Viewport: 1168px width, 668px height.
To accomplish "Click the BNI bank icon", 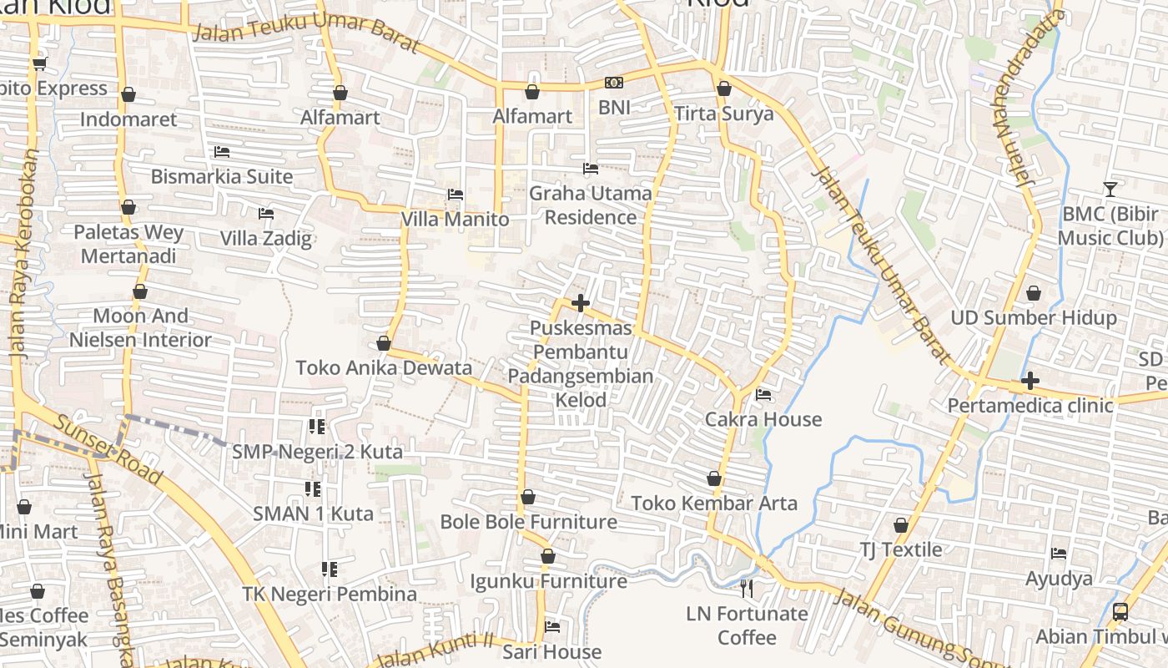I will (613, 83).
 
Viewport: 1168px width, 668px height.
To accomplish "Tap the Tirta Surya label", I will (723, 114).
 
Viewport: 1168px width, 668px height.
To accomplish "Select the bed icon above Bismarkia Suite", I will (221, 152).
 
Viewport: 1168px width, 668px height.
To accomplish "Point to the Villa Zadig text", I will (265, 239).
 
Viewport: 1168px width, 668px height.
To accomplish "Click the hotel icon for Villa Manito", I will (455, 195).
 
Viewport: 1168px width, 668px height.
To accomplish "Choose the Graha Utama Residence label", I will (591, 205).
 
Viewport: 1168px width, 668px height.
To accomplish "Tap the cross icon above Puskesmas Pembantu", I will (581, 303).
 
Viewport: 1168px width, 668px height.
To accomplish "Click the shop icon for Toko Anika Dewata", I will (383, 343).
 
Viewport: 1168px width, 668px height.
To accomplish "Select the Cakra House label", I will (763, 419).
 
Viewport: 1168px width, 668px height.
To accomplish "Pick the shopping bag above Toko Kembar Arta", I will (714, 478).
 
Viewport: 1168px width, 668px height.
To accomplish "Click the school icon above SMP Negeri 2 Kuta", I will (316, 427).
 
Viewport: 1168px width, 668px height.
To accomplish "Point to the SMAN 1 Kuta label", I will (313, 514).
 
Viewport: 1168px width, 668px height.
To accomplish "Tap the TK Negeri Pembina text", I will (330, 594).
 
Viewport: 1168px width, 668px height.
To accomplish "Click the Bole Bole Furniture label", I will (528, 522).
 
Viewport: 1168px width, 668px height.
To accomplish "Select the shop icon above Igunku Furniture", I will (547, 556).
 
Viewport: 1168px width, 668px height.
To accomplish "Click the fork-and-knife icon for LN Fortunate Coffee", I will (747, 589).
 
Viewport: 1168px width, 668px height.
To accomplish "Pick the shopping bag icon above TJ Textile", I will (900, 525).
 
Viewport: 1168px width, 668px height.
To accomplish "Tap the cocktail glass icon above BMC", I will (1110, 190).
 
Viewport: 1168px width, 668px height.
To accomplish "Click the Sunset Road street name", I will (108, 448).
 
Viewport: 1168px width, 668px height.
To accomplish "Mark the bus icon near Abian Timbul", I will (1120, 612).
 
